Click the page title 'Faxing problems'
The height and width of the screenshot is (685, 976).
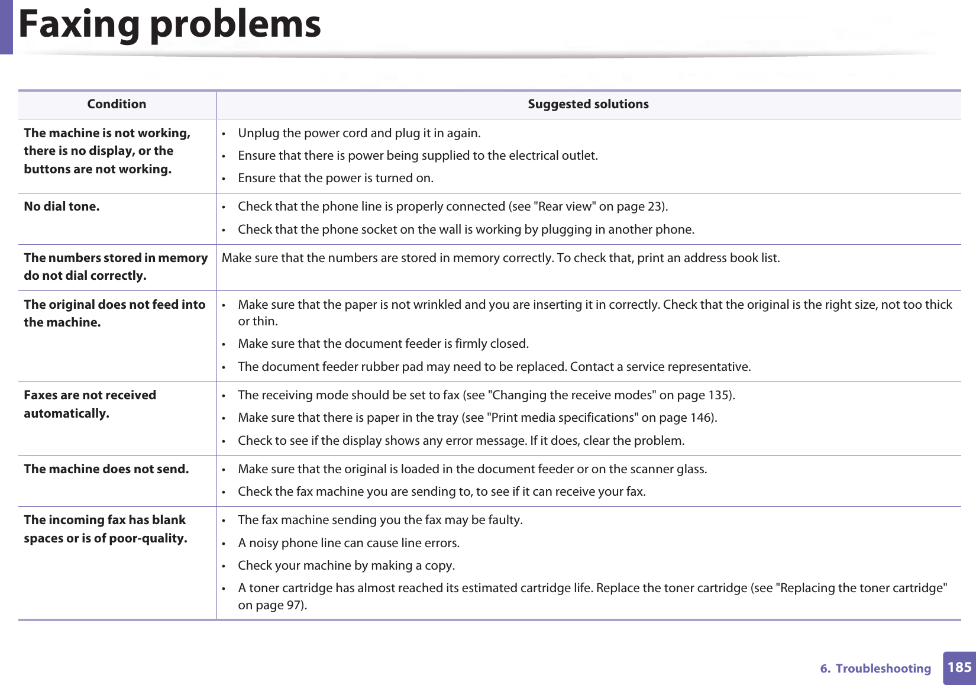pyautogui.click(x=170, y=25)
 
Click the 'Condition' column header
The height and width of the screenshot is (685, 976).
pyautogui.click(x=117, y=104)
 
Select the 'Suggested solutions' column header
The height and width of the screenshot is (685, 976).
pyautogui.click(x=588, y=104)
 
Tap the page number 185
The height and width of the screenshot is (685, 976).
pyautogui.click(x=959, y=667)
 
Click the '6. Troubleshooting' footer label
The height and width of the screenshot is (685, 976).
pyautogui.click(x=875, y=668)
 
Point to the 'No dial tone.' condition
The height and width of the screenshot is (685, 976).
pyautogui.click(x=62, y=206)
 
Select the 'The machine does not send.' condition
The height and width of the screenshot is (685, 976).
pyautogui.click(x=106, y=469)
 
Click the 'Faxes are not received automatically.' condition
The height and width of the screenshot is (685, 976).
pyautogui.click(x=90, y=404)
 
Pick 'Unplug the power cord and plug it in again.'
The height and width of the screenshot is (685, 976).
pyautogui.click(x=359, y=133)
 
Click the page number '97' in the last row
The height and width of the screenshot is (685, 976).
pyautogui.click(x=293, y=605)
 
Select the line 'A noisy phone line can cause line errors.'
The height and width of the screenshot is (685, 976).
pyautogui.click(x=348, y=543)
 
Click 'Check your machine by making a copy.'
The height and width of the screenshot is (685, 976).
pyautogui.click(x=346, y=566)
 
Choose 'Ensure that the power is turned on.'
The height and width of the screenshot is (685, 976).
pyautogui.click(x=335, y=178)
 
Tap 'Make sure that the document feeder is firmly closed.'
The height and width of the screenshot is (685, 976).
pyautogui.click(x=383, y=344)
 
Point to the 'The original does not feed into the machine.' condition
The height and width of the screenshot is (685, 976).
pyautogui.click(x=114, y=314)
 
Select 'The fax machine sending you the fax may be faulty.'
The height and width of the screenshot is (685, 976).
pyautogui.click(x=380, y=520)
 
